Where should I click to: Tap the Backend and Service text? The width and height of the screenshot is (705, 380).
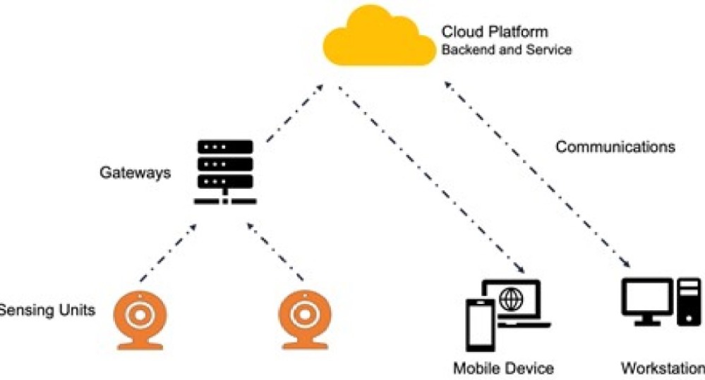click(x=506, y=51)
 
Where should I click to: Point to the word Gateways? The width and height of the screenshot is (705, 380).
click(x=135, y=172)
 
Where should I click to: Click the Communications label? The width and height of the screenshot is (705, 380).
click(x=615, y=147)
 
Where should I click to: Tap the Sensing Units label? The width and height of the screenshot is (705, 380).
click(x=47, y=309)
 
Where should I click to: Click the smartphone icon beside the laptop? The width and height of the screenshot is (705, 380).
click(x=480, y=327)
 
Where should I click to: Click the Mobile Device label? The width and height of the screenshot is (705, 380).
click(x=503, y=368)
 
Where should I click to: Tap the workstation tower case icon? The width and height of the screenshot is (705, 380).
click(x=689, y=302)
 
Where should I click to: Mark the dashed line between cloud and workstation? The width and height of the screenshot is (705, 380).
click(x=536, y=176)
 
